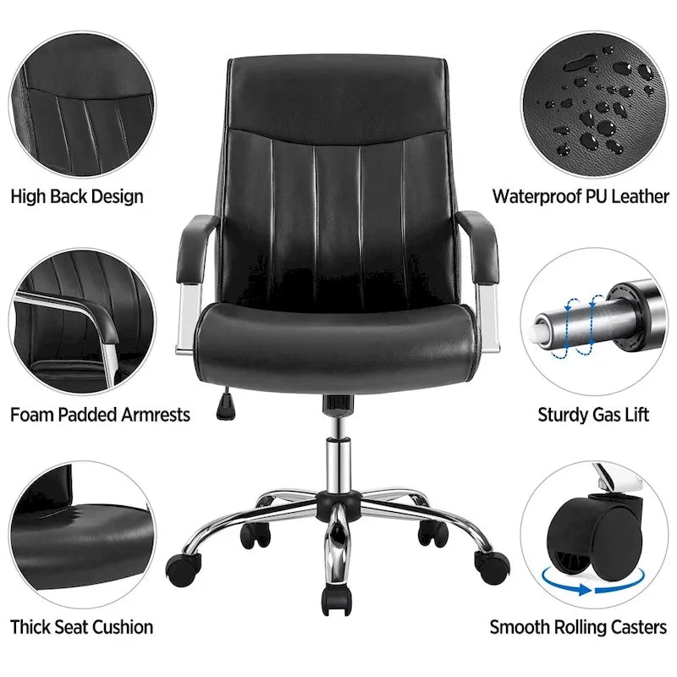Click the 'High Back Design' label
77,197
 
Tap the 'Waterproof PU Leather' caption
581,197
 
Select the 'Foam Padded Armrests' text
100,415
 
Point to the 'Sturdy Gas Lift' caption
593,415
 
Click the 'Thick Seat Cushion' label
82,627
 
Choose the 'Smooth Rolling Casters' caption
579,627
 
